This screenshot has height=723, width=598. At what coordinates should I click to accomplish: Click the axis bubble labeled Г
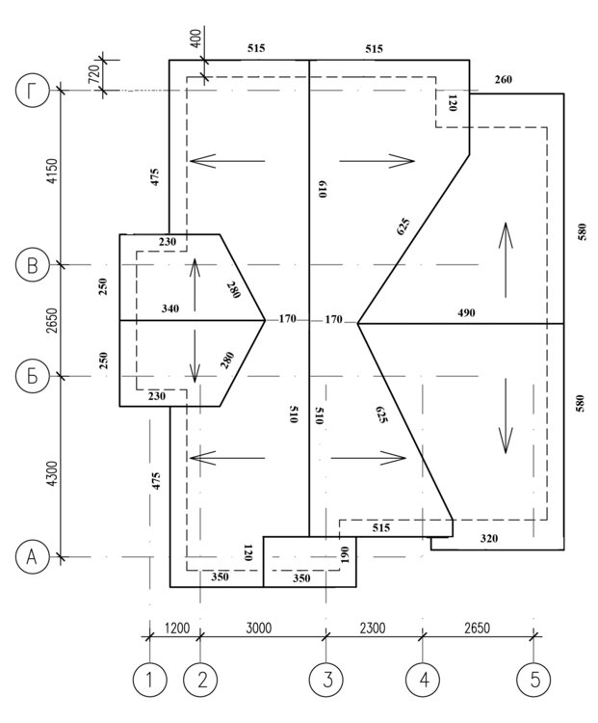32,91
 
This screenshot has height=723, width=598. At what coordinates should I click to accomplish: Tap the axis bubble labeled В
32,265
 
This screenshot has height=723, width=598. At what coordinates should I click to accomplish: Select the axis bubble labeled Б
32,376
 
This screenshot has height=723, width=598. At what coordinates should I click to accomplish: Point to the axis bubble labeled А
32,557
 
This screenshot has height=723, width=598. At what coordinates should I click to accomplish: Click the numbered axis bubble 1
149,680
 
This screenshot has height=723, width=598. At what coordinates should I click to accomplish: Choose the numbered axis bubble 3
327,680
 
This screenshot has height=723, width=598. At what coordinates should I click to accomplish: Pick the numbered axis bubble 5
533,680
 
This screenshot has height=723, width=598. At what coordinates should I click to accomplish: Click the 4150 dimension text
53,171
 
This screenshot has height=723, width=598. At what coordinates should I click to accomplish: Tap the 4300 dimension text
53,473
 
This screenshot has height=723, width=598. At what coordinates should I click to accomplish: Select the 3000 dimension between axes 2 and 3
258,628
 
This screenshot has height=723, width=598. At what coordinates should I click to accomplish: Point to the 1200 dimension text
177,628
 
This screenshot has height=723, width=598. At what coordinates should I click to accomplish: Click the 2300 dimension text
373,628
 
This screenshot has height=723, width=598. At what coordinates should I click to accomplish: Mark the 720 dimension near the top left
93,74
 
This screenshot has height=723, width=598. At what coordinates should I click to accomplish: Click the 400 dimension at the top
195,40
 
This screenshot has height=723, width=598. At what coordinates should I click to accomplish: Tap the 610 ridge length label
322,190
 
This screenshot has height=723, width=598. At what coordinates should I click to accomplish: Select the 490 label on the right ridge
466,313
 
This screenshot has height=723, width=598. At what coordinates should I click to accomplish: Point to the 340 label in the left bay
170,308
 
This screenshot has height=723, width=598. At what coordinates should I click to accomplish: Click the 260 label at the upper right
503,79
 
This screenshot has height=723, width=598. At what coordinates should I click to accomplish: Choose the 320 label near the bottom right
489,538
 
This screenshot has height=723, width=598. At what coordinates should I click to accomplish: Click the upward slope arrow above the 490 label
506,260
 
